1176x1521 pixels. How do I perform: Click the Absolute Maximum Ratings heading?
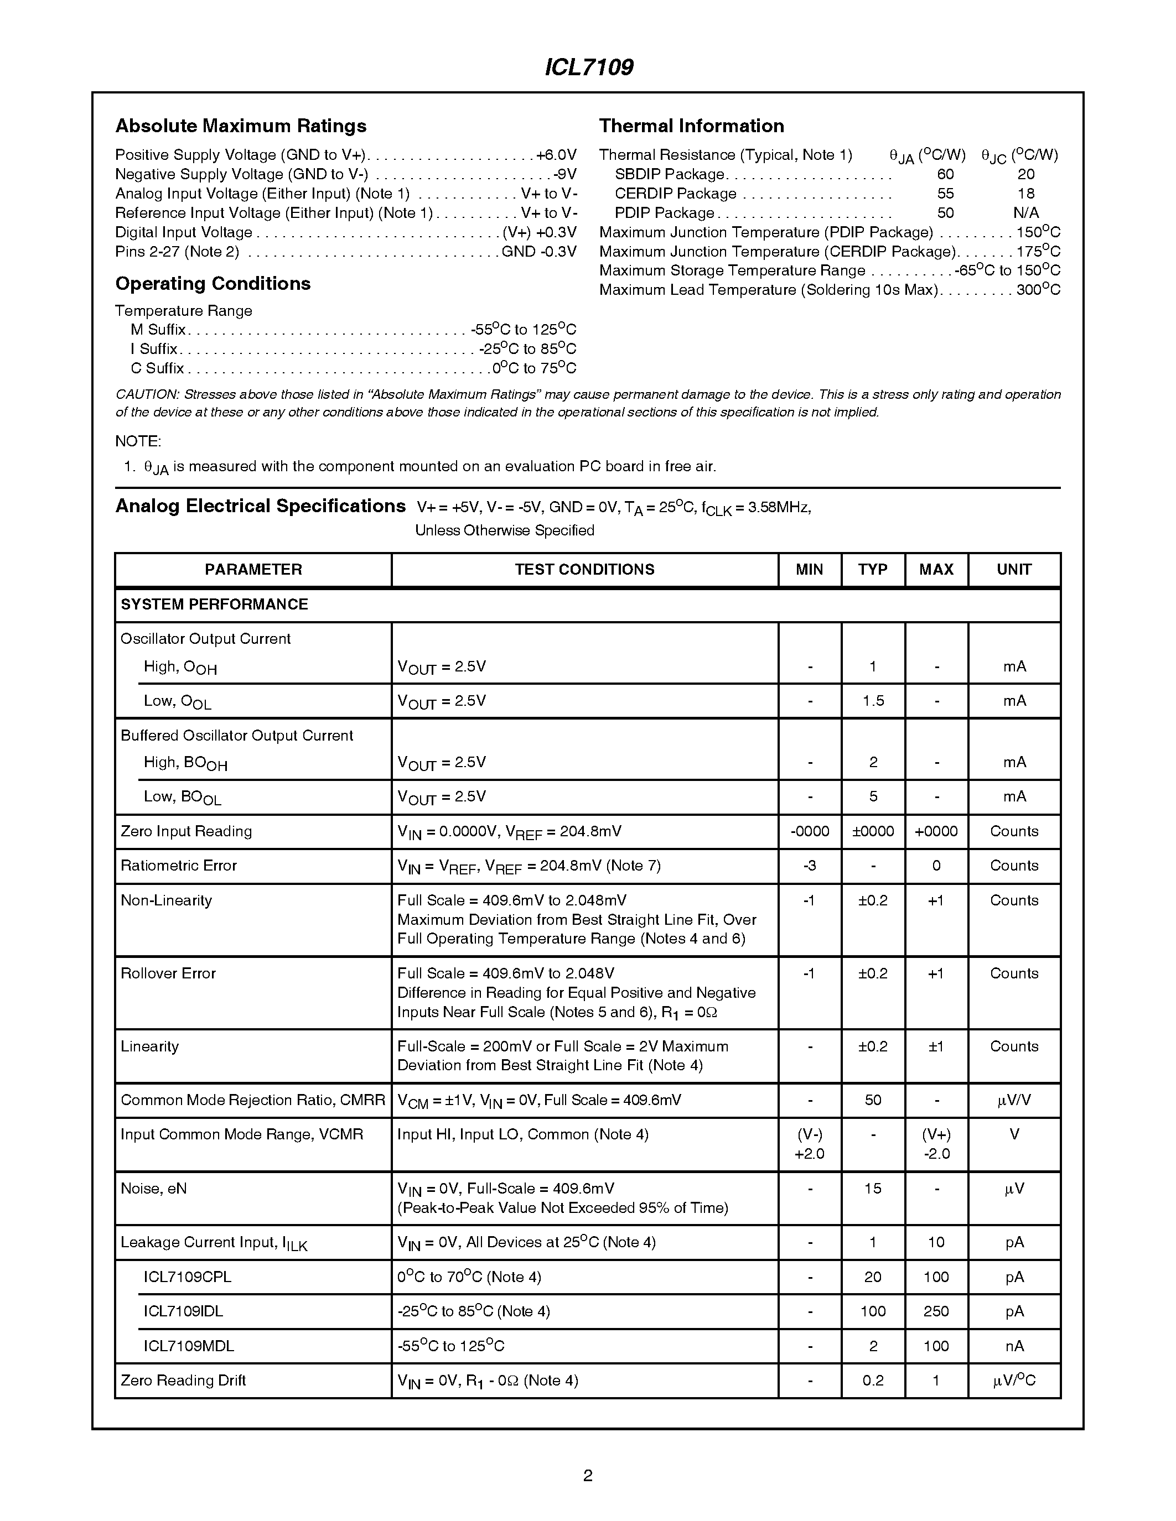[240, 126]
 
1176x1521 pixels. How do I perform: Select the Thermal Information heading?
[691, 126]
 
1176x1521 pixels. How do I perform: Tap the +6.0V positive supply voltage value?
[557, 155]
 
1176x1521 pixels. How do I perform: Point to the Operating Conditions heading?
[213, 283]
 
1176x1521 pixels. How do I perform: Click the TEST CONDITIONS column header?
[584, 570]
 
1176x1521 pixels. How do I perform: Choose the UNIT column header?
[1014, 570]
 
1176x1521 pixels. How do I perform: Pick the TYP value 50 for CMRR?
[873, 1100]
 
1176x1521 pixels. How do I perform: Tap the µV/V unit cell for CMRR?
[1014, 1100]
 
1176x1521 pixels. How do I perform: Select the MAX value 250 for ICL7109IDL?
[936, 1311]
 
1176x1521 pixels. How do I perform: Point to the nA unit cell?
[1014, 1346]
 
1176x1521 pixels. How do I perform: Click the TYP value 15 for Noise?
[873, 1189]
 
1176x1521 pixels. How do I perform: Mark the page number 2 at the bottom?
[587, 1476]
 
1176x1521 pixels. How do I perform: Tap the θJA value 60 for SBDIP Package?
[945, 174]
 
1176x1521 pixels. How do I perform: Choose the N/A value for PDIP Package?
[1025, 213]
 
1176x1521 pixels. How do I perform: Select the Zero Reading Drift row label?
[183, 1381]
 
